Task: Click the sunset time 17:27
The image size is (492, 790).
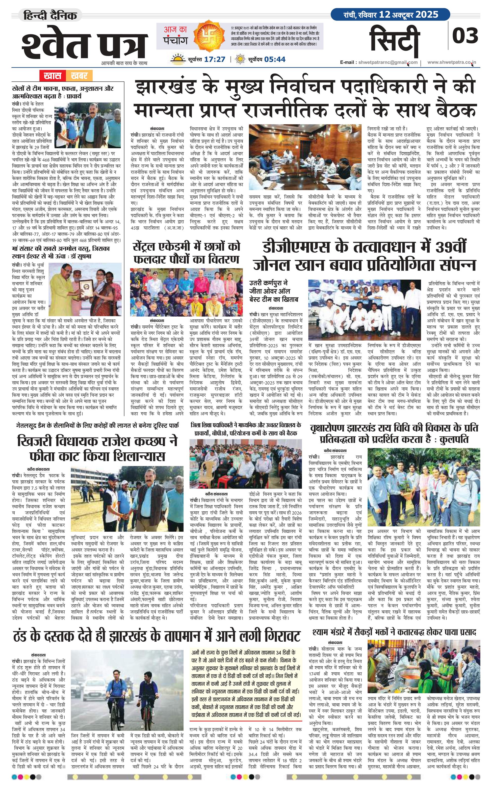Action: (214, 59)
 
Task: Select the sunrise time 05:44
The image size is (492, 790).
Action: (275, 59)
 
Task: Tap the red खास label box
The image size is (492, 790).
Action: (52, 76)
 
